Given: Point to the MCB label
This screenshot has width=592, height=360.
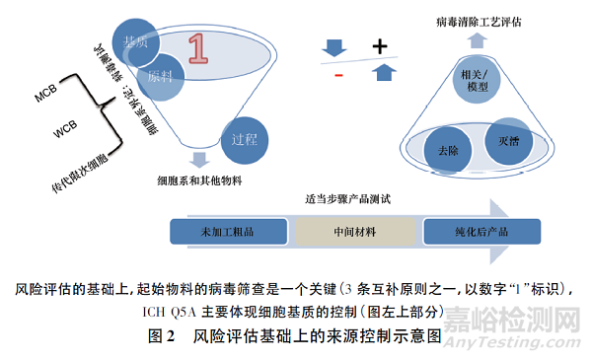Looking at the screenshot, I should click(46, 97).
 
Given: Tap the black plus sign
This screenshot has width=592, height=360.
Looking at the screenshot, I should click(378, 45).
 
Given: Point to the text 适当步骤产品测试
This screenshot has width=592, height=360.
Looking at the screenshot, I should click(347, 200).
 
